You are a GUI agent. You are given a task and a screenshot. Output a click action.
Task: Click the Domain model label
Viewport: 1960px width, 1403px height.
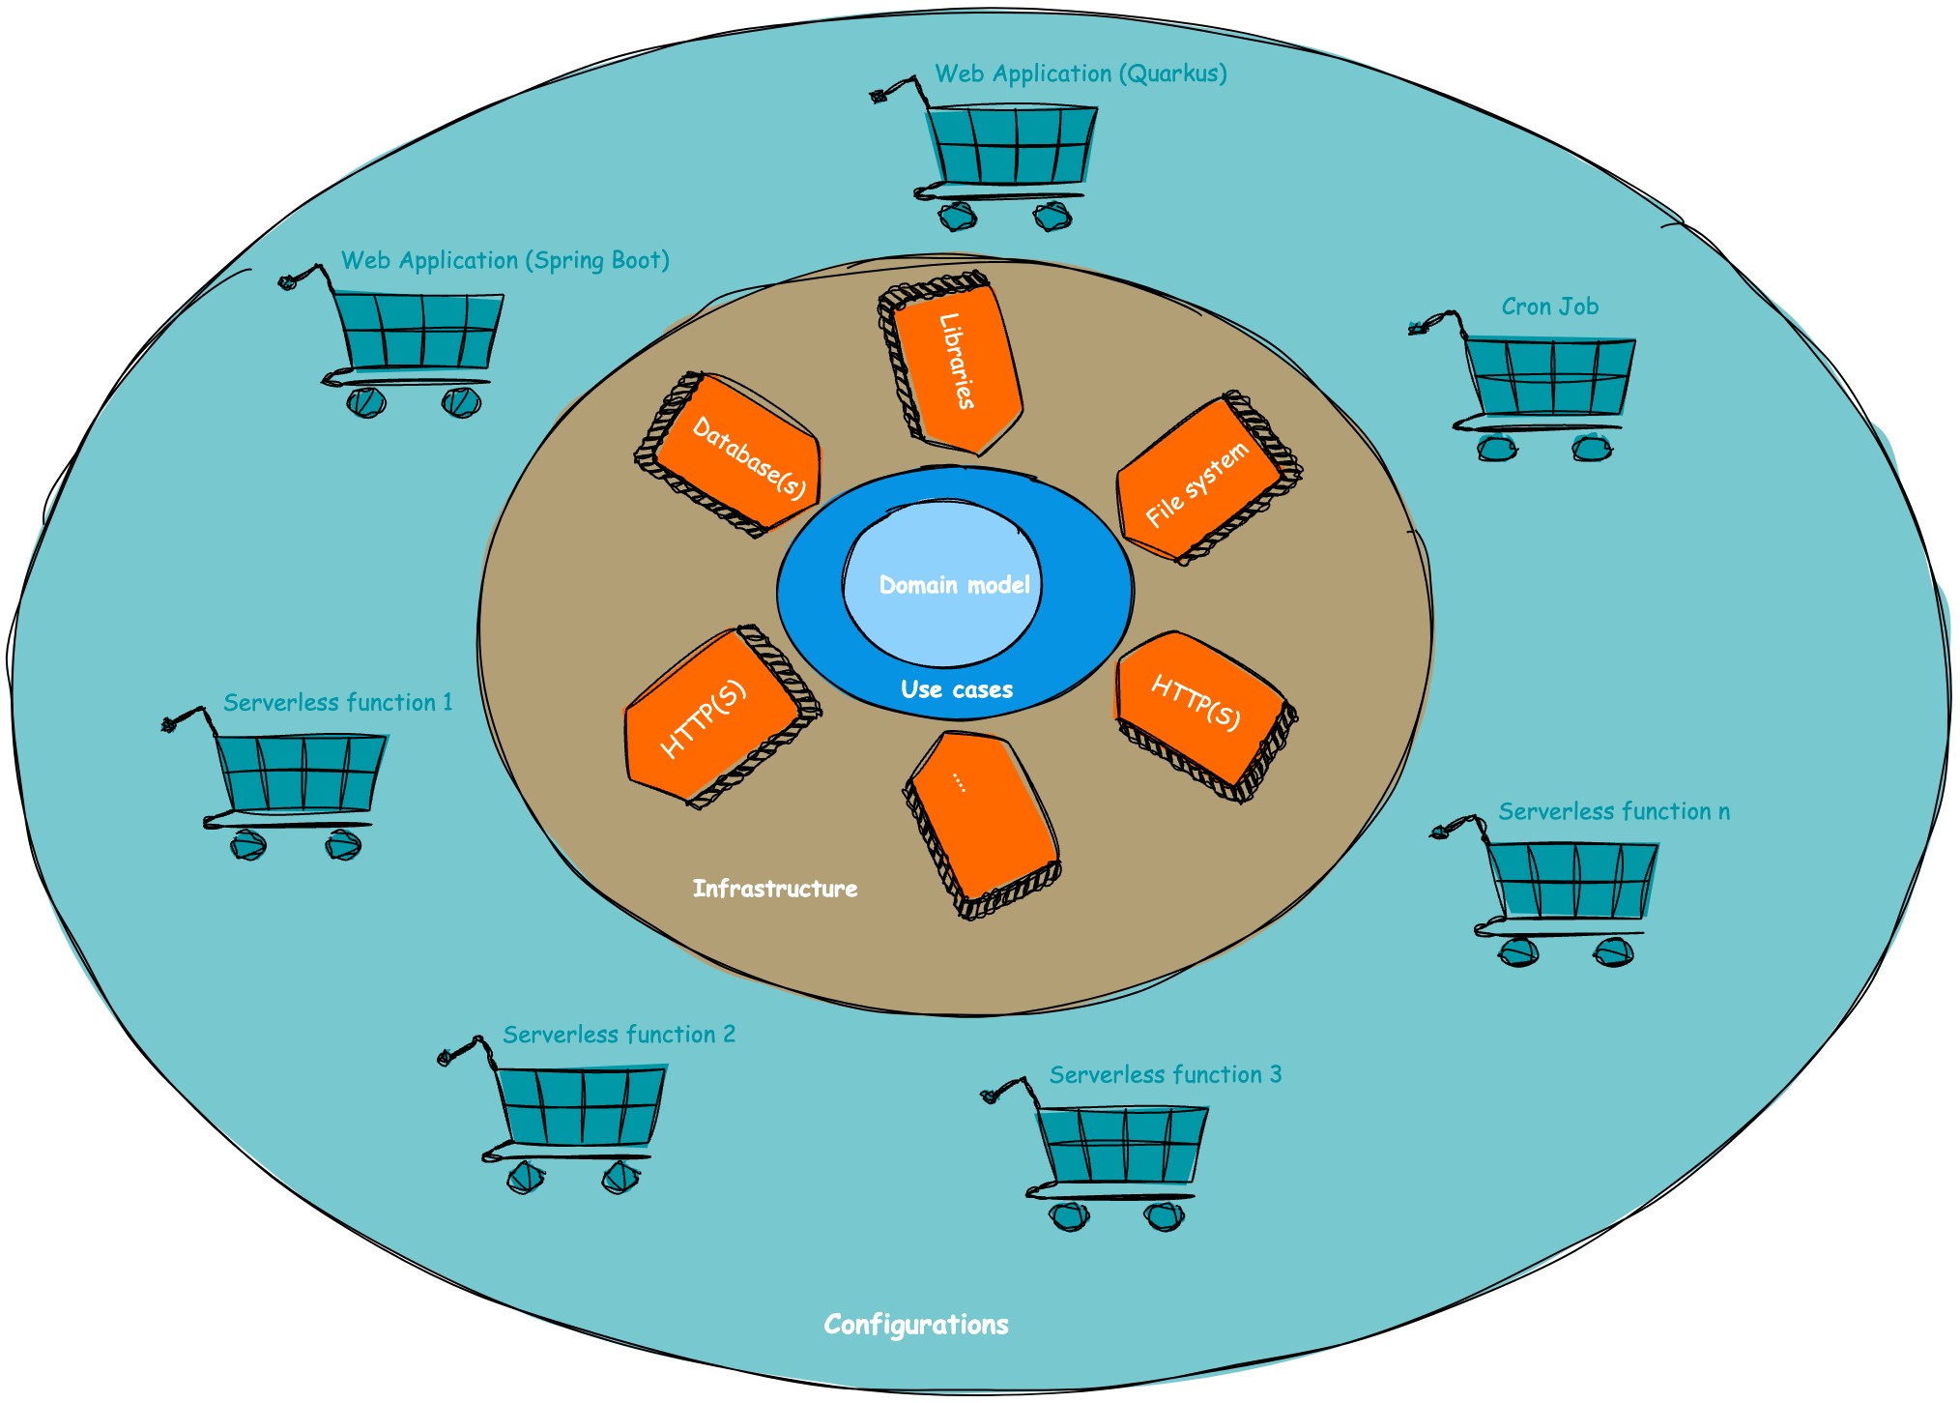[954, 585]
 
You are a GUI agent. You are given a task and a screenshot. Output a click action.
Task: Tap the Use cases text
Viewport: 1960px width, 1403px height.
[957, 689]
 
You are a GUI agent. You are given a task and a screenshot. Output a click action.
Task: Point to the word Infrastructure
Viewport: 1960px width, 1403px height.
[775, 889]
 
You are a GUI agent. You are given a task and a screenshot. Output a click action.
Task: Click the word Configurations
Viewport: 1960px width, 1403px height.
[915, 1324]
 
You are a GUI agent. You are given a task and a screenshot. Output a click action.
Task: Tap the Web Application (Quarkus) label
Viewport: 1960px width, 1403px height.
[1081, 73]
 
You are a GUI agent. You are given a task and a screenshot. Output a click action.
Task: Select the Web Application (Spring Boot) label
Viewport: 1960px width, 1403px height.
[504, 260]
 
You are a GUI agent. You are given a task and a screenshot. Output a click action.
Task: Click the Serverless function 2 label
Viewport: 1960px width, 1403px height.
[619, 1035]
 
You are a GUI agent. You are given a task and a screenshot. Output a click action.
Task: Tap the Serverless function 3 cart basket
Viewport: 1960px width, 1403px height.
[1121, 1146]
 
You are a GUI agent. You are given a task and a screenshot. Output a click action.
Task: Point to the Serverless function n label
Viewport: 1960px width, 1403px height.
[1614, 811]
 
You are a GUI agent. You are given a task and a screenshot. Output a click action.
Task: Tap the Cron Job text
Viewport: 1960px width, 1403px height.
[1549, 307]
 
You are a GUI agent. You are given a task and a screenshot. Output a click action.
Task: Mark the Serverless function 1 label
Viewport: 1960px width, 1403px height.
[337, 702]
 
